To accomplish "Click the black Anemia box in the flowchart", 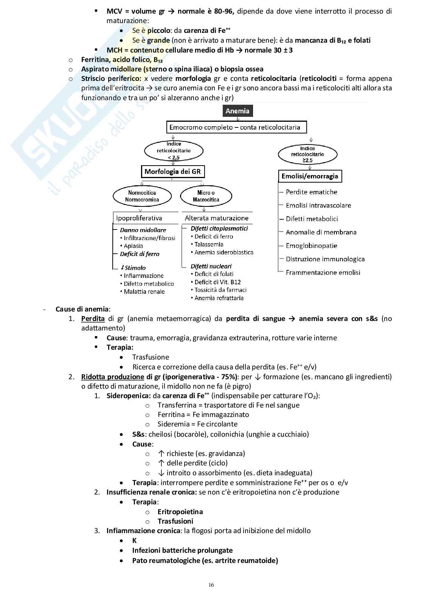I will point(237,111).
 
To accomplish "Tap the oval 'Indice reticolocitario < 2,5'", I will point(174,150).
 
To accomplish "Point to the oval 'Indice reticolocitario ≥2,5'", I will point(307,154).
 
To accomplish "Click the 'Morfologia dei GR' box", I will point(173,172).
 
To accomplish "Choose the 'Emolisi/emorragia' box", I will point(310,176).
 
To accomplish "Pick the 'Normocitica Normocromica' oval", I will point(142,196).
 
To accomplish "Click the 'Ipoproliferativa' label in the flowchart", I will point(139,218).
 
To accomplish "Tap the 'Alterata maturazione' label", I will point(216,218).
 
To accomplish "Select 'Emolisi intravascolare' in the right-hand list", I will point(318,206).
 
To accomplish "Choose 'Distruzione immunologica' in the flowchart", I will point(325,259).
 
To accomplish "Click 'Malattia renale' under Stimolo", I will point(144,292).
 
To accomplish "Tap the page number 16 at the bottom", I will point(211,585).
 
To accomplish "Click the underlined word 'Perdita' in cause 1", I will point(93,319).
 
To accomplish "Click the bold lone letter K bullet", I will point(134,541).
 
